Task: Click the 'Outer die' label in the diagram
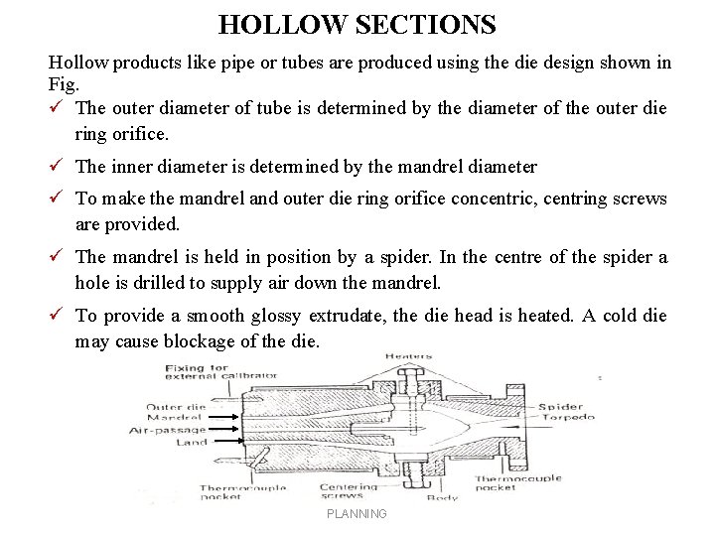(176, 407)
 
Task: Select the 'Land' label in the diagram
(192, 442)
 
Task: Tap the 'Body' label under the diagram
(442, 497)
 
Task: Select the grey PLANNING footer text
(357, 513)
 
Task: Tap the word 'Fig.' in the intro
(62, 83)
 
